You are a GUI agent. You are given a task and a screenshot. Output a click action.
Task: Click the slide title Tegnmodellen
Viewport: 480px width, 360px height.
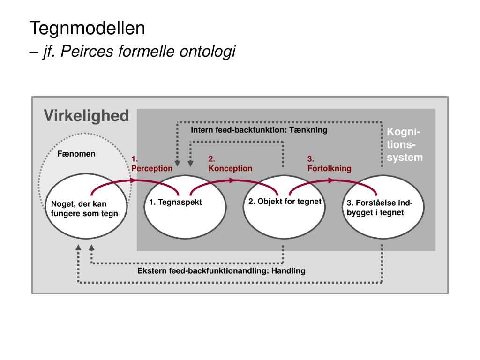pyautogui.click(x=88, y=29)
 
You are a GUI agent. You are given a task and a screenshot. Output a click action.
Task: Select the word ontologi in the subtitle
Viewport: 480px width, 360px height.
pyautogui.click(x=208, y=51)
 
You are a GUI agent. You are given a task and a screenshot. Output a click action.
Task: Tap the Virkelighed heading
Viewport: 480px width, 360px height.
pyautogui.click(x=86, y=116)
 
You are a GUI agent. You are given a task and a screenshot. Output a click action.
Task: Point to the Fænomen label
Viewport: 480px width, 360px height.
pyautogui.click(x=76, y=154)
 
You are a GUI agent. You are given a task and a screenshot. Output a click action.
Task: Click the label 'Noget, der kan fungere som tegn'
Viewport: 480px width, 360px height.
pyautogui.click(x=84, y=209)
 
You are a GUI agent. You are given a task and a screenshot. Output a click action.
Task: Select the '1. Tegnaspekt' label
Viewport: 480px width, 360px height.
pyautogui.click(x=175, y=202)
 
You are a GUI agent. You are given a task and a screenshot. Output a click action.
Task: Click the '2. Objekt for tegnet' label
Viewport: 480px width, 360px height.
pyautogui.click(x=285, y=202)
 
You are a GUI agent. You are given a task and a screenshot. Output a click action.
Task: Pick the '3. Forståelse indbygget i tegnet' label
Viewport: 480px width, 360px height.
pyautogui.click(x=380, y=207)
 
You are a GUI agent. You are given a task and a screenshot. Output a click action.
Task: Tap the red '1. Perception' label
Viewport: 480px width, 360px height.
pyautogui.click(x=152, y=164)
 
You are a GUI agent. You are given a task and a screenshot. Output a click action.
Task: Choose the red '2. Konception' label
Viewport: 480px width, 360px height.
pyautogui.click(x=230, y=164)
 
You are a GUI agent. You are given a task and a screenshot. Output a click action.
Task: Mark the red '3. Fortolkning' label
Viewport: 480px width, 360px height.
pyautogui.click(x=329, y=164)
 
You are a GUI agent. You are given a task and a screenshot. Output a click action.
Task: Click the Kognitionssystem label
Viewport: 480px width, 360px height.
pyautogui.click(x=405, y=144)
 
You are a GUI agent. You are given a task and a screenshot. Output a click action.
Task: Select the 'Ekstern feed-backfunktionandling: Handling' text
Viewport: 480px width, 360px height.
pyautogui.click(x=221, y=271)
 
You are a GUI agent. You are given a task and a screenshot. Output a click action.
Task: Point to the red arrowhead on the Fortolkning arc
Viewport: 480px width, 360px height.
pyautogui.click(x=332, y=180)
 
